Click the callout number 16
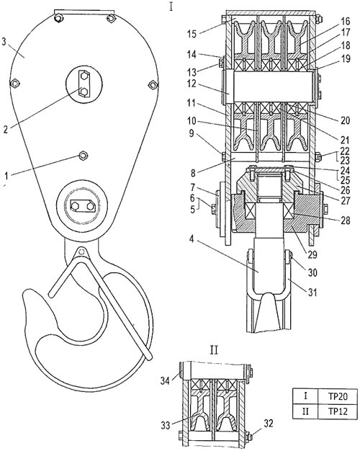click(344, 22)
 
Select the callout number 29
click(312, 254)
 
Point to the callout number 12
click(192, 84)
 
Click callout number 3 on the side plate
click(4, 42)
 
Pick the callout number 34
click(166, 381)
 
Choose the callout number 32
click(268, 424)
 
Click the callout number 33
click(166, 425)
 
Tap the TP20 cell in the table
click(338, 397)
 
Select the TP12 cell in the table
click(338, 411)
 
